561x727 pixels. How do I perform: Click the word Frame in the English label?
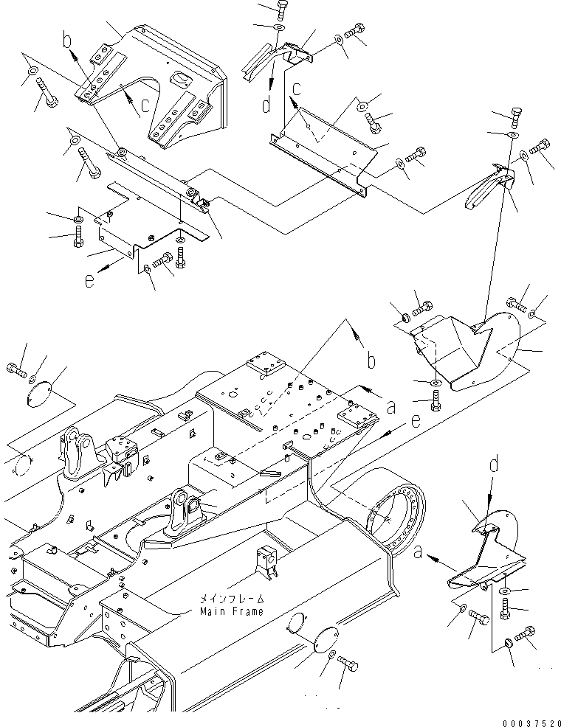244,611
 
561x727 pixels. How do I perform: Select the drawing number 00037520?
531,723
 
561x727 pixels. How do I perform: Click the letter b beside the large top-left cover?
68,41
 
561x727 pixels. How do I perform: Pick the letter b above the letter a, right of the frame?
371,360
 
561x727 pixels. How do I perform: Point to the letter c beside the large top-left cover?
145,105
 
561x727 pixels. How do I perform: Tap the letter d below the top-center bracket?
266,105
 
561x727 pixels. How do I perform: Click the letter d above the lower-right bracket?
495,463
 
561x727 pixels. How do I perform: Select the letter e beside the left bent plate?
90,282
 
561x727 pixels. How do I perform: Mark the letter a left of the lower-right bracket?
418,552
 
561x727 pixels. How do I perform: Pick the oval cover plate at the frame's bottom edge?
325,639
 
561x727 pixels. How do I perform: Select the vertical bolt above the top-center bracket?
282,10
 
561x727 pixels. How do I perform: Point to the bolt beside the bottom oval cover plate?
348,663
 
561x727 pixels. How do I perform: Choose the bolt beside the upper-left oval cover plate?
16,371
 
